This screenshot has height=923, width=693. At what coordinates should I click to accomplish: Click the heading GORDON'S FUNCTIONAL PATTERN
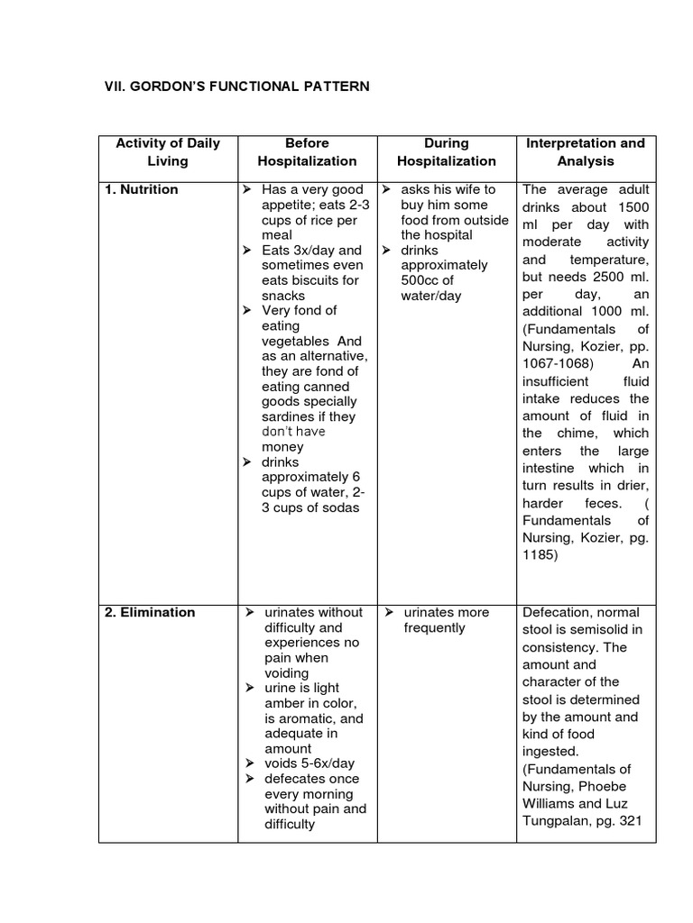pyautogui.click(x=238, y=87)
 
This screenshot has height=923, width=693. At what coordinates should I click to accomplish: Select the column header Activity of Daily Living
pyautogui.click(x=168, y=152)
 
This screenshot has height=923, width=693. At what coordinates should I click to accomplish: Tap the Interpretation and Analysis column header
pyautogui.click(x=585, y=152)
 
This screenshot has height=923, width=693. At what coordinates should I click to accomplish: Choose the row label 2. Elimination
pyautogui.click(x=149, y=612)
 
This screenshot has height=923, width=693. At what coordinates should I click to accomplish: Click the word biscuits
pyautogui.click(x=323, y=280)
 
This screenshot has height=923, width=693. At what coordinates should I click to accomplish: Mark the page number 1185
pyautogui.click(x=541, y=555)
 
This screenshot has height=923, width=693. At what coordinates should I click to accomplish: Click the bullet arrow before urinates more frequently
pyautogui.click(x=385, y=613)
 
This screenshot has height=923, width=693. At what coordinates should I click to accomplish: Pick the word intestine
pyautogui.click(x=552, y=469)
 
